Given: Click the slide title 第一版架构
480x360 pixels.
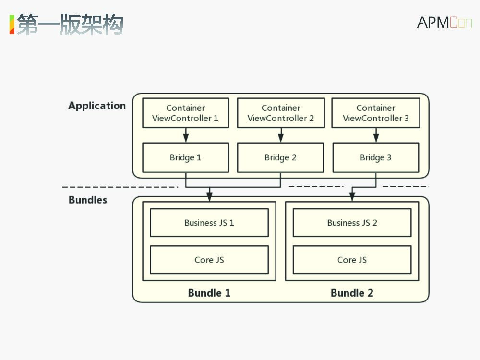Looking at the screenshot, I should tap(70, 24).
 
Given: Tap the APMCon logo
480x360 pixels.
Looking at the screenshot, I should tap(444, 22).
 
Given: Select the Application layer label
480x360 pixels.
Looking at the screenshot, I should tap(97, 106).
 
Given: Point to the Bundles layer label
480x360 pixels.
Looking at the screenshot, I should tap(88, 200).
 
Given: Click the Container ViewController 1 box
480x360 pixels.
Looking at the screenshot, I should tap(185, 113).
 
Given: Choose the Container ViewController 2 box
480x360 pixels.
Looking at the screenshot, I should tap(281, 113).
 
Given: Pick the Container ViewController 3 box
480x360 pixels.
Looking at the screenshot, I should tap(376, 113).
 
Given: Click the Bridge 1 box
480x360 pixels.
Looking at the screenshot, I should tap(185, 157).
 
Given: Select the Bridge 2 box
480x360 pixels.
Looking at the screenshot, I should tap(281, 157).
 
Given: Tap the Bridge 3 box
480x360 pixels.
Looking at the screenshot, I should tap(376, 157).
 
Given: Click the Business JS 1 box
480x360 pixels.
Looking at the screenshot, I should tap(209, 223).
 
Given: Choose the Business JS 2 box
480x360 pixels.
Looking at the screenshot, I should tap(352, 223).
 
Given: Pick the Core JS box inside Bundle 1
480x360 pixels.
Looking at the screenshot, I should tap(209, 260).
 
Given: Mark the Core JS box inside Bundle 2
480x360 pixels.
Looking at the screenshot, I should tap(352, 260).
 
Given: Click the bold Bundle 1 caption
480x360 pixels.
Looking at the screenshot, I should tap(209, 293).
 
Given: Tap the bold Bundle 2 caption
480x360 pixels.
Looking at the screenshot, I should tap(352, 293).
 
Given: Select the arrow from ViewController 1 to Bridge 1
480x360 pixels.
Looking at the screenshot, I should tap(186, 135).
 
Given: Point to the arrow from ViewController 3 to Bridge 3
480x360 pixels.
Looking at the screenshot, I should tap(376, 135).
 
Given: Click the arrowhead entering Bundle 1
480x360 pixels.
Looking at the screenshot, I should tap(209, 197).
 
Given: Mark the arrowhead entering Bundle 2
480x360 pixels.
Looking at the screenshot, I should tap(352, 197).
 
